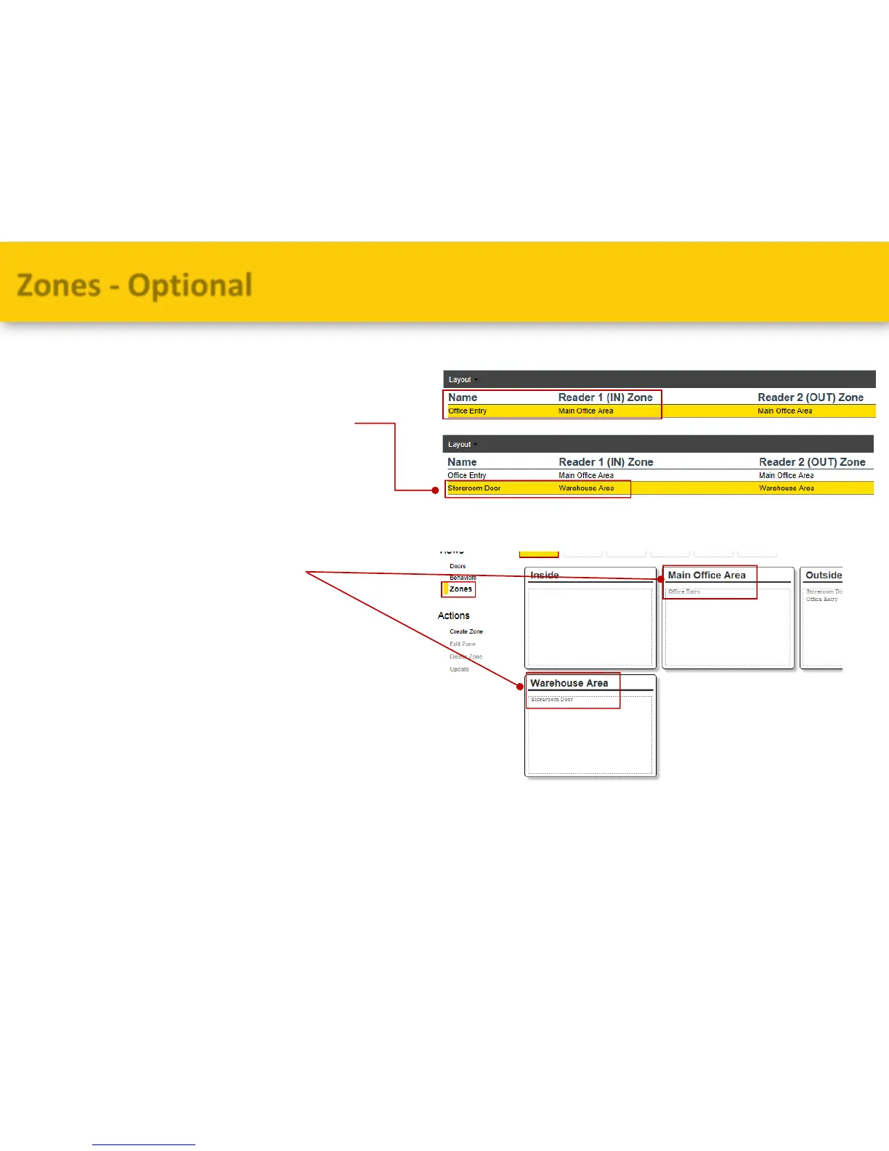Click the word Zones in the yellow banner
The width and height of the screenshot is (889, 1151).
59,285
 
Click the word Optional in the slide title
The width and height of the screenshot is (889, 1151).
190,285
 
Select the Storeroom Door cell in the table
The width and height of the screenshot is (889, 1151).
474,488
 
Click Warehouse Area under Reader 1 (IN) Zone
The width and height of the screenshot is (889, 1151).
586,488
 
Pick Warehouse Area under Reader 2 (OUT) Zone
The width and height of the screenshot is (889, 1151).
786,488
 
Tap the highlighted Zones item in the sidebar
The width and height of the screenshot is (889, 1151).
460,589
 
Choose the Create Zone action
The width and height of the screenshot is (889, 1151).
466,631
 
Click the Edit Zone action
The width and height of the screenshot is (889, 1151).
462,644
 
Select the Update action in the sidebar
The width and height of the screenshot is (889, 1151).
459,669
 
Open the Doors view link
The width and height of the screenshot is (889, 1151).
458,566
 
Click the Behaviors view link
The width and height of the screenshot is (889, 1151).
463,578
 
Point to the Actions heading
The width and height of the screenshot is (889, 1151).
453,615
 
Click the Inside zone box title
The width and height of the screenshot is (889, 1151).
544,575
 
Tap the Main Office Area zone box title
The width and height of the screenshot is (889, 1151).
706,575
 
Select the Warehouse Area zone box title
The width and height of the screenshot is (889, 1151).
569,683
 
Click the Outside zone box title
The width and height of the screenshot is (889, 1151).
823,575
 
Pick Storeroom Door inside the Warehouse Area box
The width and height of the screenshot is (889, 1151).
552,700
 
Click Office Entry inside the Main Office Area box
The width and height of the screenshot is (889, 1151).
684,591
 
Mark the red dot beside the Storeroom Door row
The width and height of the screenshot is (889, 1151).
436,490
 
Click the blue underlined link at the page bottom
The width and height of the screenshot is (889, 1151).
143,1144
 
